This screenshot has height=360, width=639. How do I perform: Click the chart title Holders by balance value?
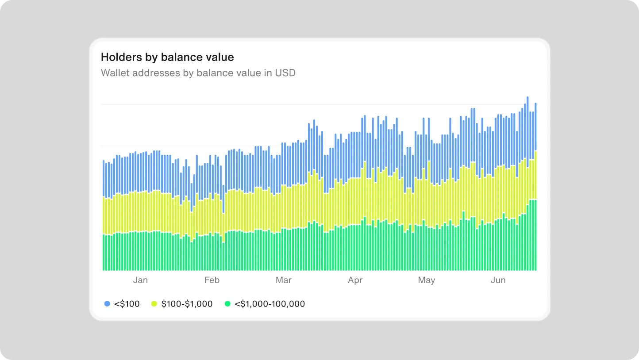tap(167, 57)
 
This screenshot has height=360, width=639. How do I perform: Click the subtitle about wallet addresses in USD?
tap(198, 73)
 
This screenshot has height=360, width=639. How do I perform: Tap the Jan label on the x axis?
tap(140, 280)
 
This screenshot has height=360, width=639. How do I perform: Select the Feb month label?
tap(212, 280)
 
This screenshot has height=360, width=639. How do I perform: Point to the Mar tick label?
tap(283, 280)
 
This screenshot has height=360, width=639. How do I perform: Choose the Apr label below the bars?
tap(355, 280)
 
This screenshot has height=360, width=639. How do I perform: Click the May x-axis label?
tap(426, 280)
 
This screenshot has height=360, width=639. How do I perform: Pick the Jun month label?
tap(498, 280)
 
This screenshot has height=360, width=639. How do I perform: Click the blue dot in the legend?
tap(107, 304)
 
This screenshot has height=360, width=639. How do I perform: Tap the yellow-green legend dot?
tap(154, 304)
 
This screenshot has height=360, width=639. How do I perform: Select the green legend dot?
tap(227, 304)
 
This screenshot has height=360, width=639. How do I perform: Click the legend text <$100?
tap(127, 304)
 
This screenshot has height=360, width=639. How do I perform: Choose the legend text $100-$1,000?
tap(187, 304)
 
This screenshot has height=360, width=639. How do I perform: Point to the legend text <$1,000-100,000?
tap(269, 304)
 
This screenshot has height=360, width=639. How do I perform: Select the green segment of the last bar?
tap(535, 234)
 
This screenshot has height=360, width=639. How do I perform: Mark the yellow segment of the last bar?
tap(535, 175)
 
